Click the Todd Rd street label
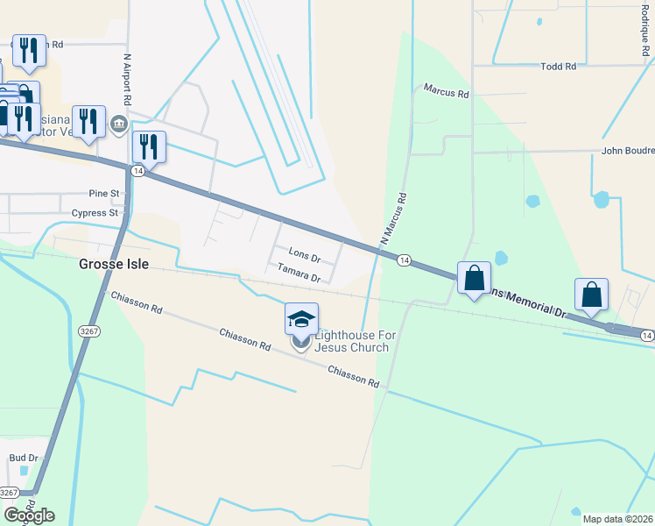(x=558, y=66)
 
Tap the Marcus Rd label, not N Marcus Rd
(x=446, y=89)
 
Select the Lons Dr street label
(x=304, y=259)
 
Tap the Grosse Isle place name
(x=114, y=263)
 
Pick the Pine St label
(x=103, y=193)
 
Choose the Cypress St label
(x=95, y=213)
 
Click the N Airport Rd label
(x=128, y=82)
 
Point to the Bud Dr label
(x=24, y=458)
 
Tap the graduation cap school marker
(x=301, y=319)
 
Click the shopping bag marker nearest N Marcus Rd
(x=474, y=278)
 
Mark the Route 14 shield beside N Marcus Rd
(x=404, y=260)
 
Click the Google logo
(x=28, y=515)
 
